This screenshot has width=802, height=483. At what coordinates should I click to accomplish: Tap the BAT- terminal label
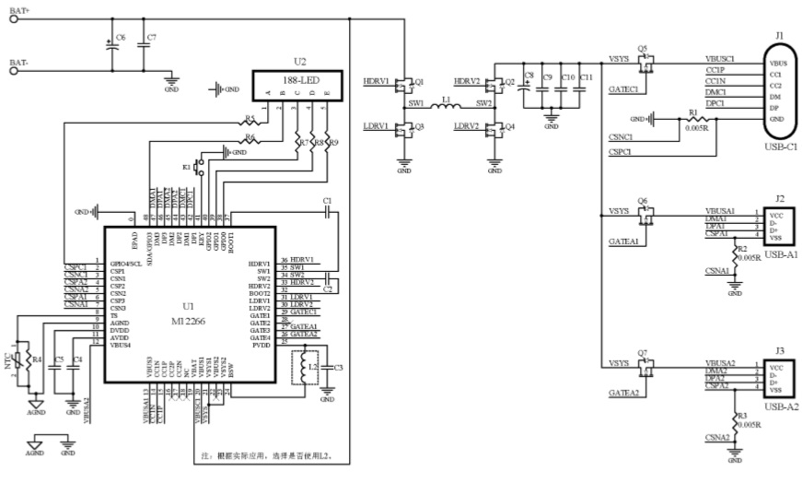(20, 63)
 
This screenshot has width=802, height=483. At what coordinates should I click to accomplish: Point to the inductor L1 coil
(447, 109)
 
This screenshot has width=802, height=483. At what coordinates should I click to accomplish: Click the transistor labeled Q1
(402, 85)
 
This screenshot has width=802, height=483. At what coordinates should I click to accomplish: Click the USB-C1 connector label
(779, 146)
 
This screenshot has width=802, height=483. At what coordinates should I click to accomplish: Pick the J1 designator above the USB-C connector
(779, 35)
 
